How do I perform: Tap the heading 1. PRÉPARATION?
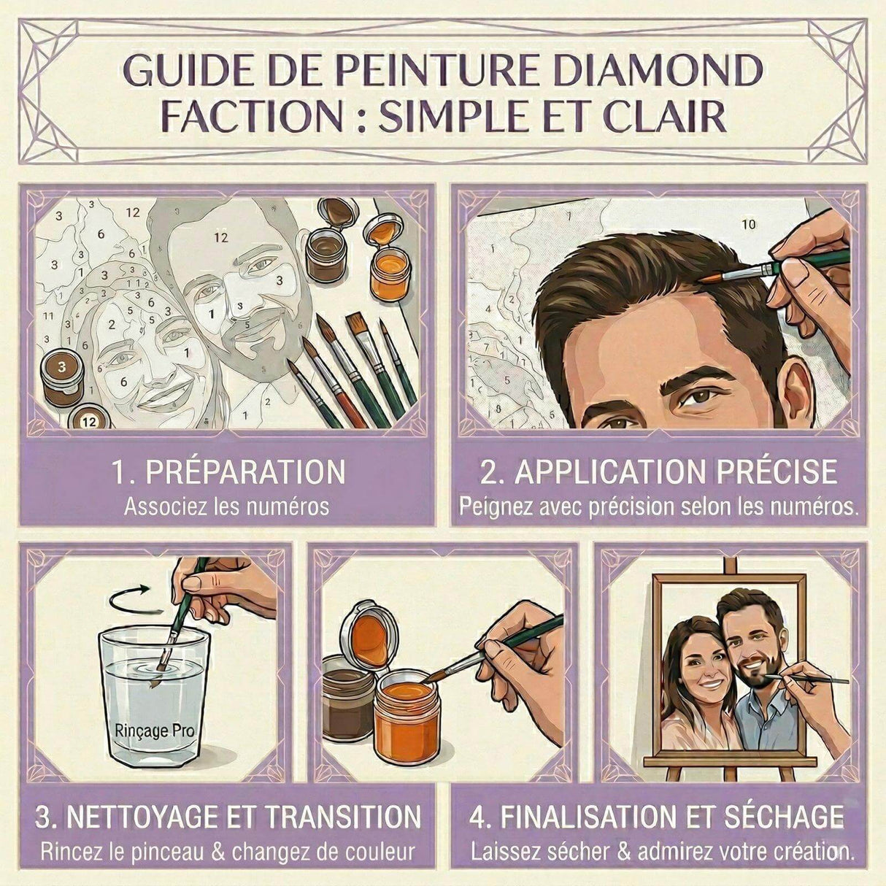[228, 472]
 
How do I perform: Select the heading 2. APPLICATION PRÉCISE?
[658, 472]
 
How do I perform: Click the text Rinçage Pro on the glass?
[153, 728]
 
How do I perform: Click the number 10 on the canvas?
[749, 224]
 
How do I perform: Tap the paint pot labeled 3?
[63, 376]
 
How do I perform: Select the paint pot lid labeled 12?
[89, 420]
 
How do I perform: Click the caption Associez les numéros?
[226, 506]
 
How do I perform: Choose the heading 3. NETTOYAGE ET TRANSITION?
[228, 817]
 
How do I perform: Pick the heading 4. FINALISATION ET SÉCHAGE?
[657, 817]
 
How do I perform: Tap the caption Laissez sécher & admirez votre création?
[661, 851]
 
